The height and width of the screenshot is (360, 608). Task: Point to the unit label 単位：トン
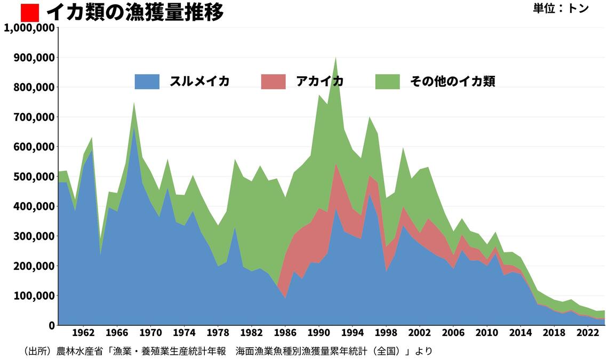561,9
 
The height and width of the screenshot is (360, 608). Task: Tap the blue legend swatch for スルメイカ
147,82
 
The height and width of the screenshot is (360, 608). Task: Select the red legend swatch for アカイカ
274,82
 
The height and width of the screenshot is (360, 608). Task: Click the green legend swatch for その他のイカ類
387,82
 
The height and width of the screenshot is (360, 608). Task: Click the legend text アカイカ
319,82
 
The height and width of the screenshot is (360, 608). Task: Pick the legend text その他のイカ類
452,82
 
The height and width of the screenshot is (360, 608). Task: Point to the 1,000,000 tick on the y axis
29,28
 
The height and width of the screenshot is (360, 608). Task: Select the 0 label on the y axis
52,325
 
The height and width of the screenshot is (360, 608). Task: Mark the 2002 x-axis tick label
420,333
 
